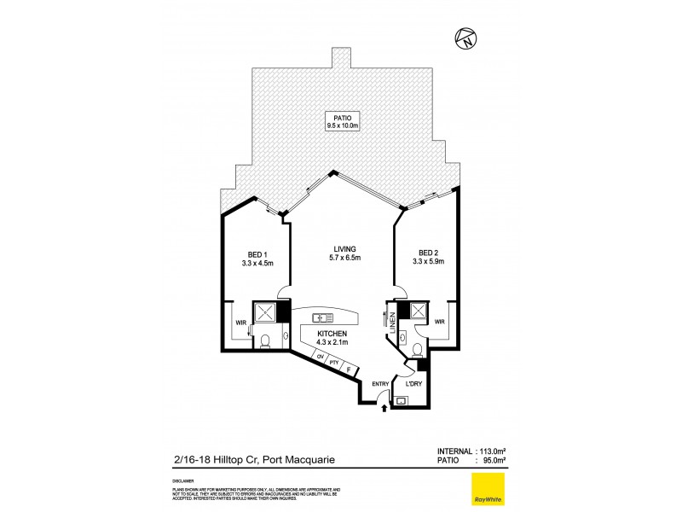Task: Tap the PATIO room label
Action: tap(344, 120)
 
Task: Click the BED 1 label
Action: tap(254, 257)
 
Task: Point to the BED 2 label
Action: tap(431, 257)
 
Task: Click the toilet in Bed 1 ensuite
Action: tap(265, 342)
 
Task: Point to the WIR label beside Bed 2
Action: tap(440, 322)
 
